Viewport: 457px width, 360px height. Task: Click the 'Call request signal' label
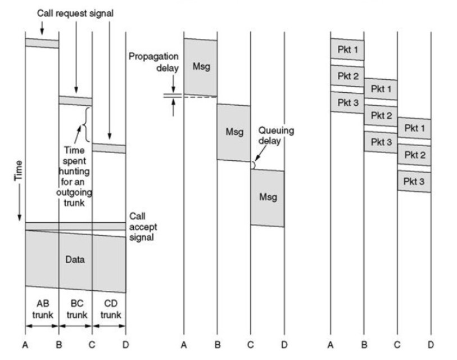point(75,13)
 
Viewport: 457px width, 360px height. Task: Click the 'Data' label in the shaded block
point(75,259)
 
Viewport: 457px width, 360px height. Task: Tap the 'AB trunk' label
point(43,309)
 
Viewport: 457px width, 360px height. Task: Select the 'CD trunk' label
point(111,309)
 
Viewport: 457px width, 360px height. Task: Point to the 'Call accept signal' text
point(143,227)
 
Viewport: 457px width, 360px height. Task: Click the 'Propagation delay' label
point(153,62)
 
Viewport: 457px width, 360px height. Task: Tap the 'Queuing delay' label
point(276,136)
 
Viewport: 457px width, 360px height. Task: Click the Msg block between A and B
point(201,67)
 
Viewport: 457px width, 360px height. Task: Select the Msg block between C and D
point(268,198)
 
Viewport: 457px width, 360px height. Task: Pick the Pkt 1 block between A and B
point(347,49)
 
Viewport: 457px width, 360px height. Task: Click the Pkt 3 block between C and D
point(414,182)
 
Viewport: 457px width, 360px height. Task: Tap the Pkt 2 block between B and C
point(381,115)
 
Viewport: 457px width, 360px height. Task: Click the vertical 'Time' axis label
point(19,171)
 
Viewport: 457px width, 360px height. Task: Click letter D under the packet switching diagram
point(431,345)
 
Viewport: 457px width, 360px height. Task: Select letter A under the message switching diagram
point(184,345)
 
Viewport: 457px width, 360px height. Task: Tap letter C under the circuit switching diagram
point(92,345)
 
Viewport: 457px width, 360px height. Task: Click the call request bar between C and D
point(109,148)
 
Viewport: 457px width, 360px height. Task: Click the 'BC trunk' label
point(77,309)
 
